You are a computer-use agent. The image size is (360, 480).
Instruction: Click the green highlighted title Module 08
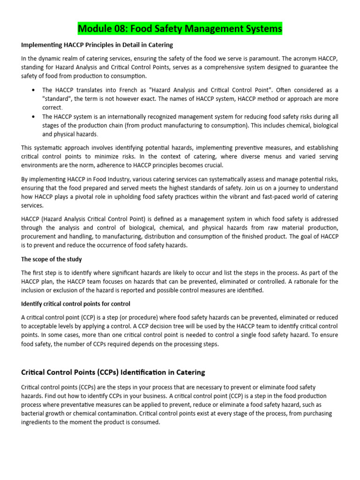(x=180, y=29)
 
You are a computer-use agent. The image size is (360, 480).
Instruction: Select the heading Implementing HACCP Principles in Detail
(x=97, y=45)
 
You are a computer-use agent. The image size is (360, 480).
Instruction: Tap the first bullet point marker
(x=32, y=90)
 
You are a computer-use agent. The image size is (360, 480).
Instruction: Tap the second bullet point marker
(x=32, y=117)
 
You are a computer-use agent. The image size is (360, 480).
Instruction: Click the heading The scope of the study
(x=52, y=259)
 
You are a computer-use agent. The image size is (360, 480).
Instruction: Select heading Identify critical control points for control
(x=75, y=304)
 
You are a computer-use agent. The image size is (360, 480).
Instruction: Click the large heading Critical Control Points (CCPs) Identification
(x=113, y=373)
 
